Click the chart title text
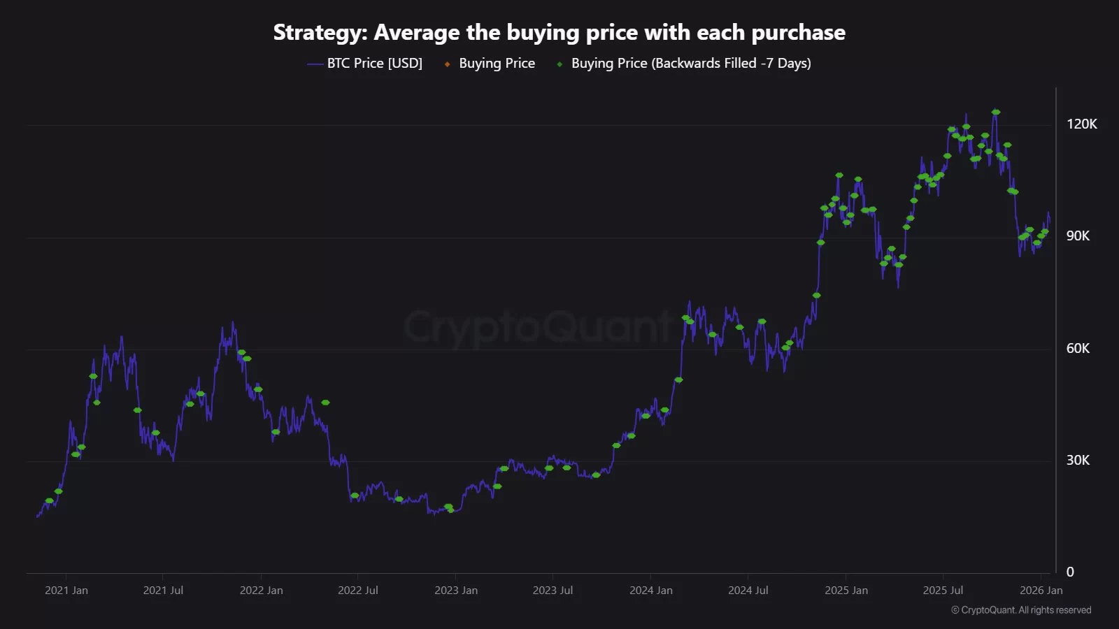559,33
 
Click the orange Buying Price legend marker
448,64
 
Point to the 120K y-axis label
1081,124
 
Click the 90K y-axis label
1078,236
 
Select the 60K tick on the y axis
1078,348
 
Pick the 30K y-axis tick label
1078,460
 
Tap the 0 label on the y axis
1070,572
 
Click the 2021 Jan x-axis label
66,591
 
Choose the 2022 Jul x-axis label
358,591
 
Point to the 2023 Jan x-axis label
456,591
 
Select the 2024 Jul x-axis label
748,591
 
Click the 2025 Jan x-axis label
846,591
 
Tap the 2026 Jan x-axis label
1041,591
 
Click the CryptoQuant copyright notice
1021,610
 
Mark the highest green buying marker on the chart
996,112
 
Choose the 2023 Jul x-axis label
553,591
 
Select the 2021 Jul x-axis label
163,591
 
